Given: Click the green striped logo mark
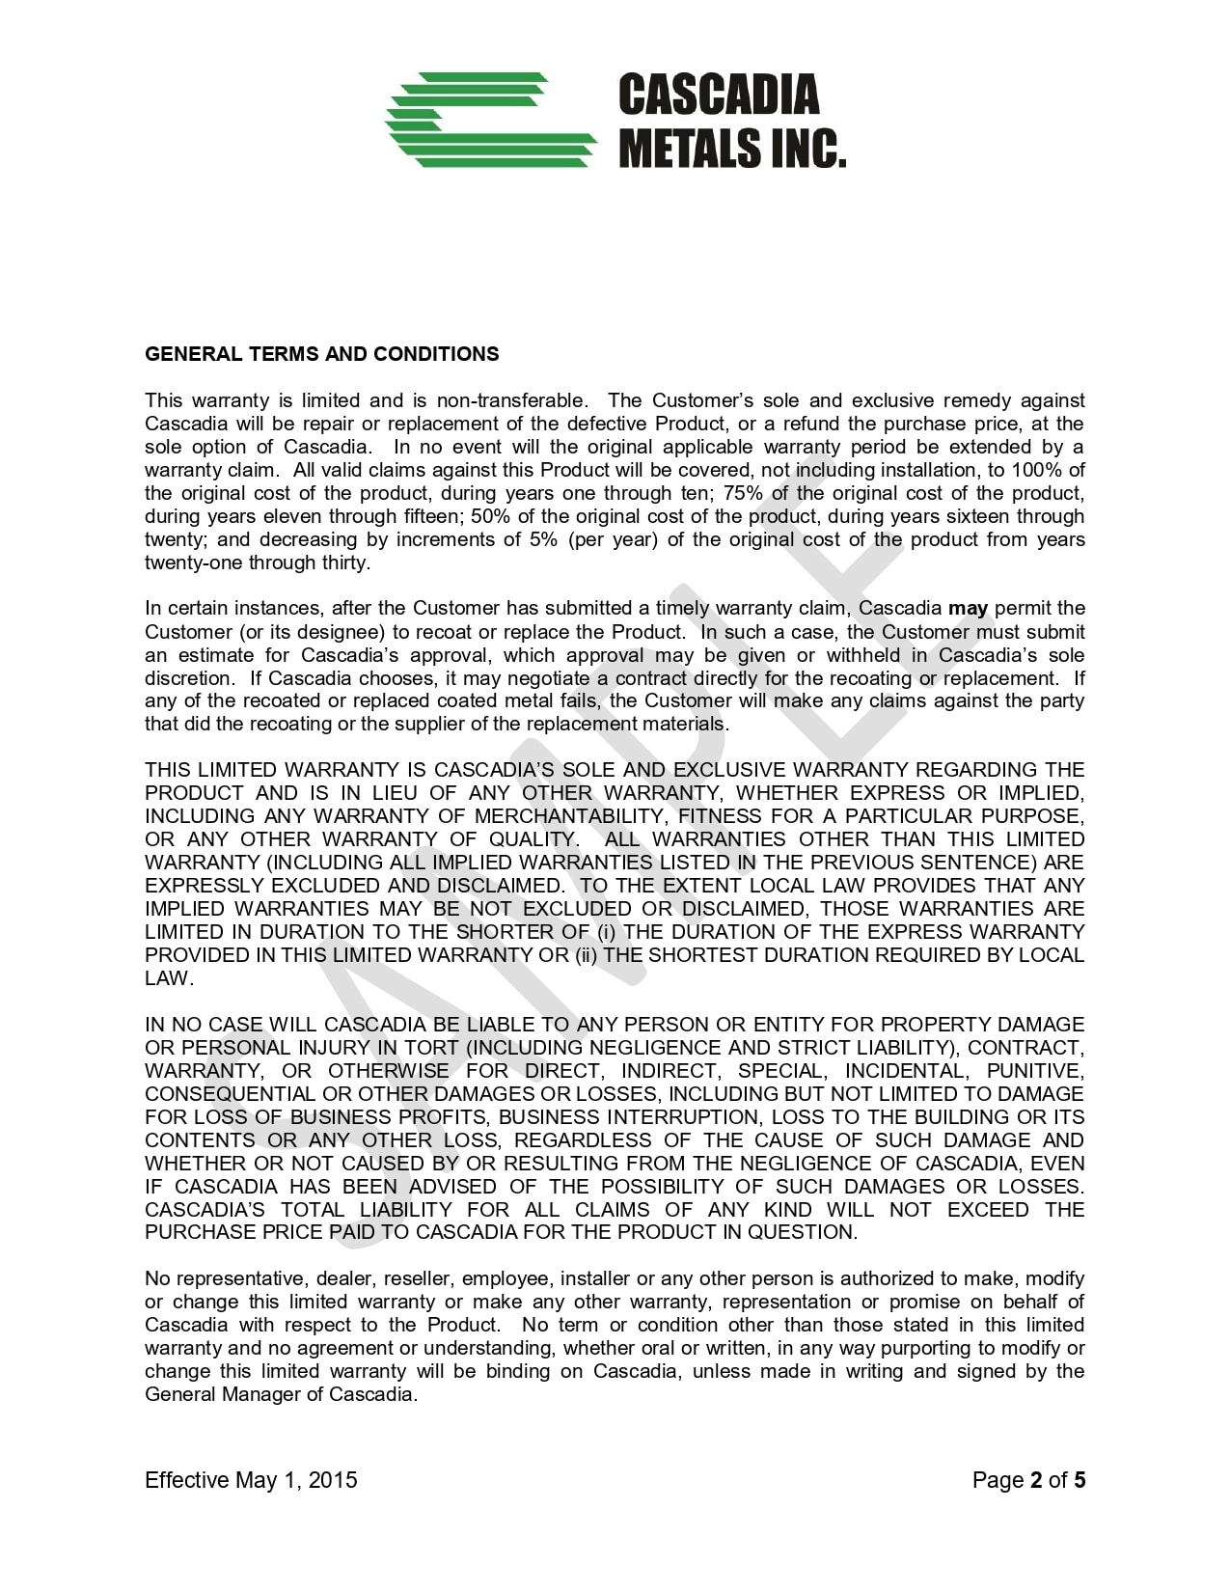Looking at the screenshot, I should click(x=490, y=120).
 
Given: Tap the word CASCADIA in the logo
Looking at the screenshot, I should click(x=718, y=96).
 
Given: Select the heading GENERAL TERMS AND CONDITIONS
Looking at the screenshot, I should click(x=321, y=354).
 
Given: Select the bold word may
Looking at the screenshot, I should click(x=968, y=608).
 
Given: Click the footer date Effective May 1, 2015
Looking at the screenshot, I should click(x=251, y=1480).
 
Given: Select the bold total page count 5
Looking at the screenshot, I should click(x=1080, y=1480).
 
